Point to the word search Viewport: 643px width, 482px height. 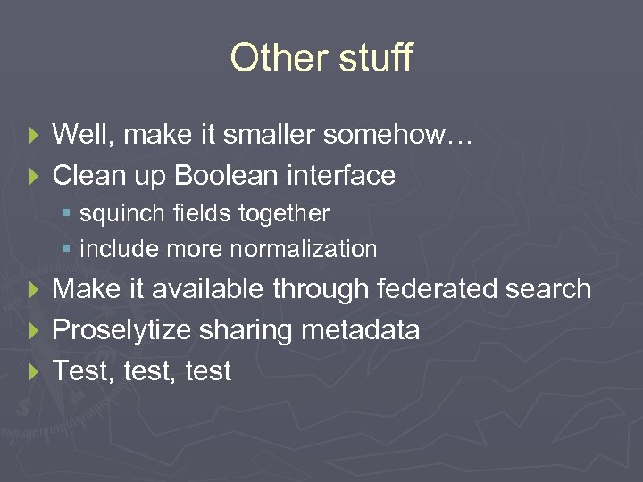tap(546, 289)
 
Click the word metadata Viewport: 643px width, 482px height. tap(361, 330)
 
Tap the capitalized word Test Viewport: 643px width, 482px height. tap(77, 371)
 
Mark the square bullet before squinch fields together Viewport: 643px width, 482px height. tap(68, 215)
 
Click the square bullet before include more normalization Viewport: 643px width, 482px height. tap(68, 250)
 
